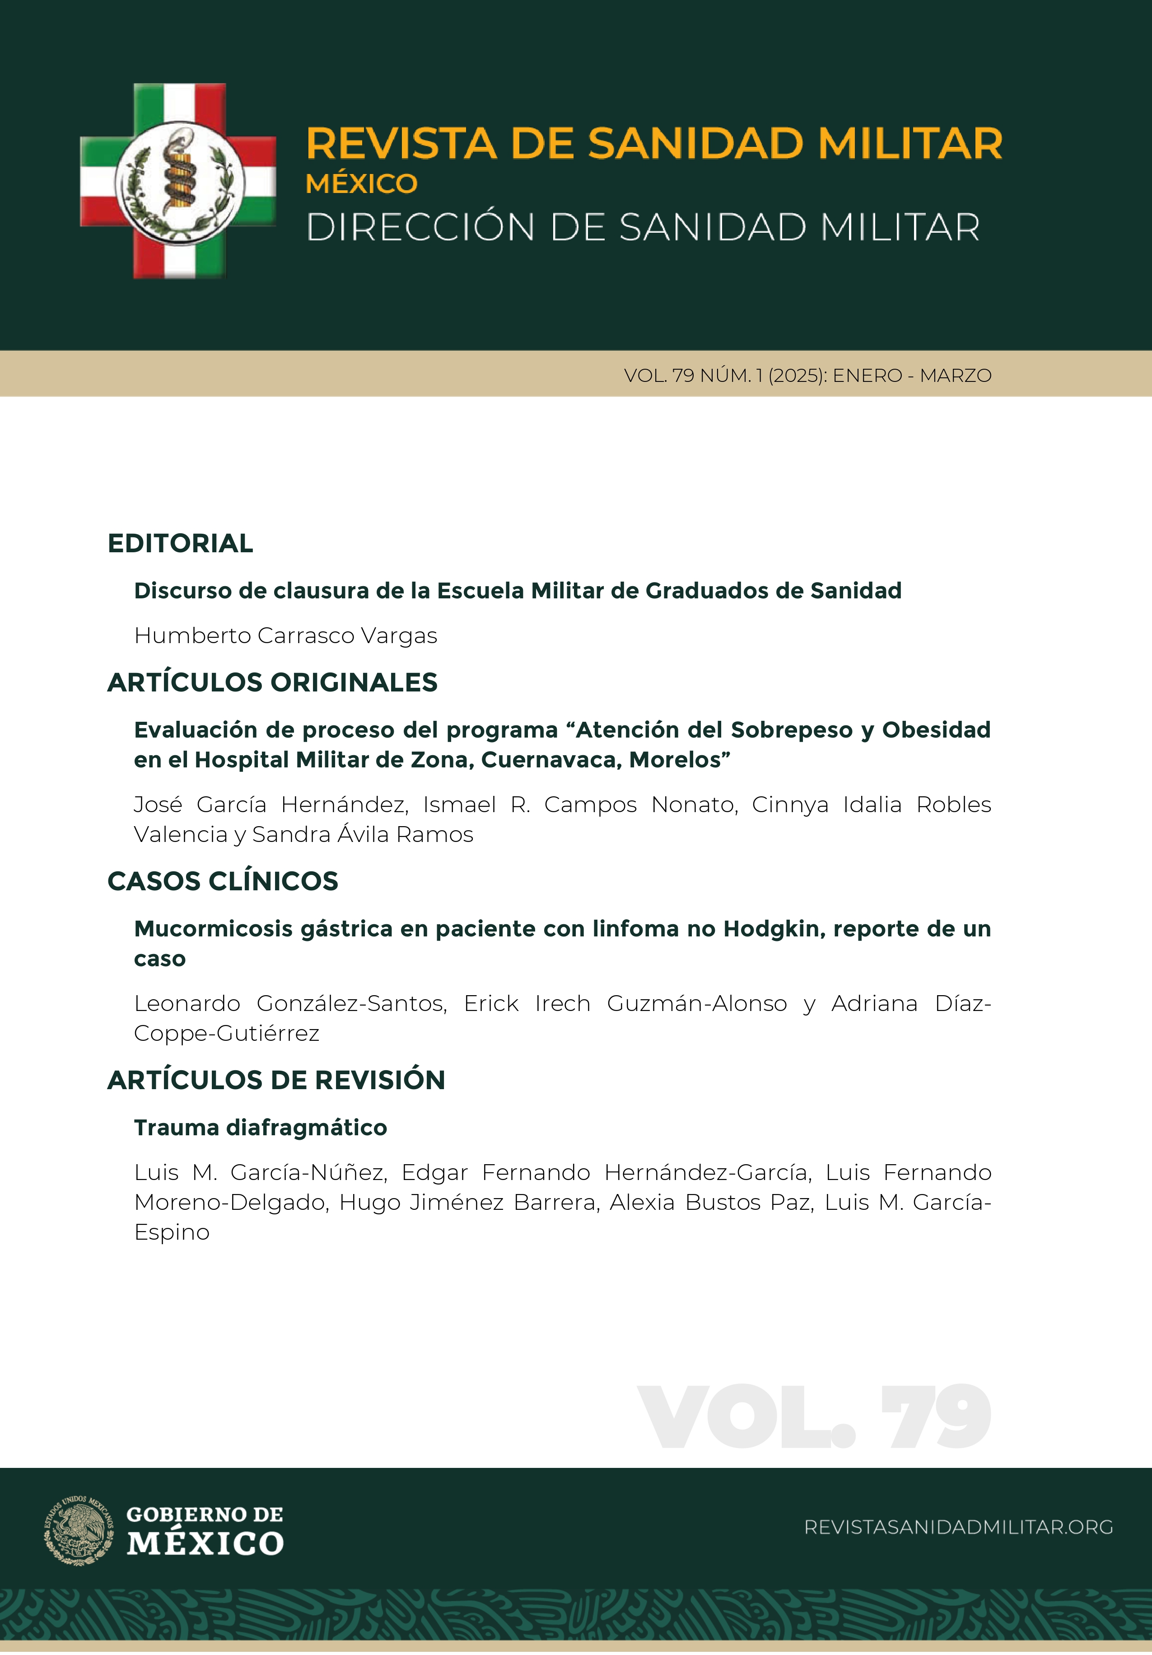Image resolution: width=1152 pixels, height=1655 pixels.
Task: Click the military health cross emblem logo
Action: (x=178, y=181)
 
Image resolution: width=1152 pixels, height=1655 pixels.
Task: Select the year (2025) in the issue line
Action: (x=797, y=376)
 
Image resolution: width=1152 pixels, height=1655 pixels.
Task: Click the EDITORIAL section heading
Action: (x=180, y=544)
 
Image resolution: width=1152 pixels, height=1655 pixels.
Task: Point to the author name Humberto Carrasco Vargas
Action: (x=285, y=636)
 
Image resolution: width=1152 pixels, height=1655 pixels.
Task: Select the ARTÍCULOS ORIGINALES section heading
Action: (x=272, y=682)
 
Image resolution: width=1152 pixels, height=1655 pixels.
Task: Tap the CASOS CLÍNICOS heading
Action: (x=223, y=882)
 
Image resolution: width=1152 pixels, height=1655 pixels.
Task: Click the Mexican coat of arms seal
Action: (x=79, y=1529)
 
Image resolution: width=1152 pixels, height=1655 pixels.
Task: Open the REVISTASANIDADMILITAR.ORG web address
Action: (x=958, y=1528)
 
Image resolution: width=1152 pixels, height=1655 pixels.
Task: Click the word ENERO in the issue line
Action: (x=867, y=376)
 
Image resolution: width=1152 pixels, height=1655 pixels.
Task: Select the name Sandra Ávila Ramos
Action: (x=362, y=835)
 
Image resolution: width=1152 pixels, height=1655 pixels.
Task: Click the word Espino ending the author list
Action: (x=172, y=1232)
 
